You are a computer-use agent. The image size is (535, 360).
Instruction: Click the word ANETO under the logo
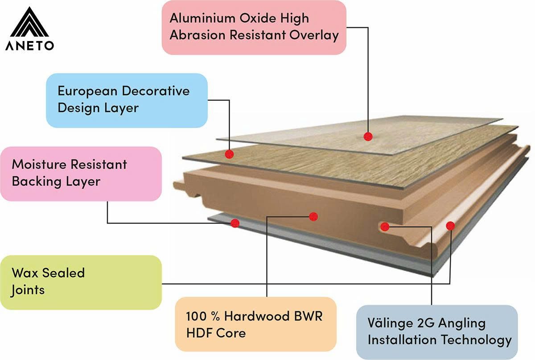(30, 46)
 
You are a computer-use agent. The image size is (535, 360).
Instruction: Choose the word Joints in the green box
(28, 290)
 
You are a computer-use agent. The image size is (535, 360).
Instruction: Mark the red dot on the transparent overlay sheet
(367, 136)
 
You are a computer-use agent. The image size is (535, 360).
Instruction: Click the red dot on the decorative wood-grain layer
(230, 154)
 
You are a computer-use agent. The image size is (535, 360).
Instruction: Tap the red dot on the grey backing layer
(235, 223)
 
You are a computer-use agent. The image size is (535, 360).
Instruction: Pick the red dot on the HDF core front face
(313, 216)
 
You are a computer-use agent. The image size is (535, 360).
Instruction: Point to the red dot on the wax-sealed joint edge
(450, 226)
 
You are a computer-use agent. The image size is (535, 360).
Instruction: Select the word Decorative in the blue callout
(155, 91)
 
